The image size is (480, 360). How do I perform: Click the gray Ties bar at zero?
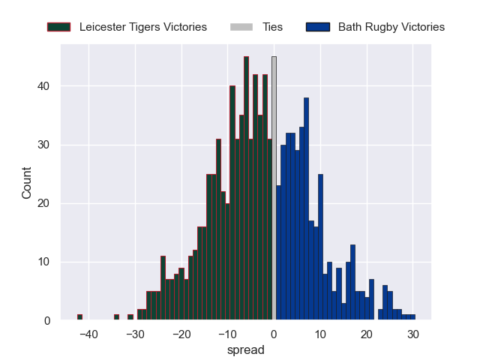click(274, 187)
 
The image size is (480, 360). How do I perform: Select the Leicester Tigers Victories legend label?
click(142, 27)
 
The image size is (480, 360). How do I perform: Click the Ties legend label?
click(272, 27)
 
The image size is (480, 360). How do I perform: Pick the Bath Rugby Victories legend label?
click(391, 27)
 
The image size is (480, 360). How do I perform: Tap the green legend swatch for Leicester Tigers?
click(58, 27)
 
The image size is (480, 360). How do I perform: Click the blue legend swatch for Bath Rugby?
click(318, 27)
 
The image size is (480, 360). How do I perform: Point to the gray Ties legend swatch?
click(242, 27)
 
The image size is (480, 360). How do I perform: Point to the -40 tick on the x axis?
click(88, 334)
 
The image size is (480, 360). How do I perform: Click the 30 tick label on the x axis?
click(412, 334)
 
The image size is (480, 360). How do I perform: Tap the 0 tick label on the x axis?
click(274, 334)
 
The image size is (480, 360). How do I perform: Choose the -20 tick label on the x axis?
click(181, 334)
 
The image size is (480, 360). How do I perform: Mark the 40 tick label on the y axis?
click(44, 86)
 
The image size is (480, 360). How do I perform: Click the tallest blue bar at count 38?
click(306, 210)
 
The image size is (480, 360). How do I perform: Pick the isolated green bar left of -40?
click(79, 317)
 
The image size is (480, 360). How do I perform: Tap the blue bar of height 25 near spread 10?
click(320, 247)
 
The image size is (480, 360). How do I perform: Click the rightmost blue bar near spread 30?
click(412, 317)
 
